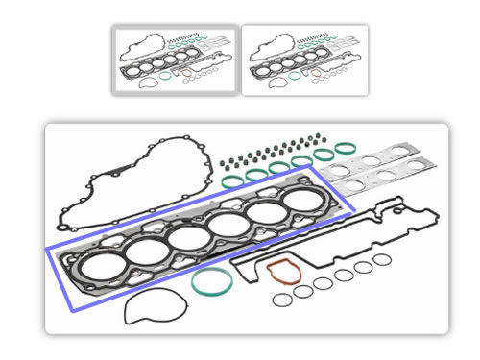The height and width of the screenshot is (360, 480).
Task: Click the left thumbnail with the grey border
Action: (174, 60)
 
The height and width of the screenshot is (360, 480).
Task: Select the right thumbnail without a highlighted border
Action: (303, 60)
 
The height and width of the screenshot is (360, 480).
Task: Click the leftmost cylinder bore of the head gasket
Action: (99, 263)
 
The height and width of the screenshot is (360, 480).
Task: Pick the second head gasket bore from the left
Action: (144, 252)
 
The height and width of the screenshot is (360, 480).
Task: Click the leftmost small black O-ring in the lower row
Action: (281, 300)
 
